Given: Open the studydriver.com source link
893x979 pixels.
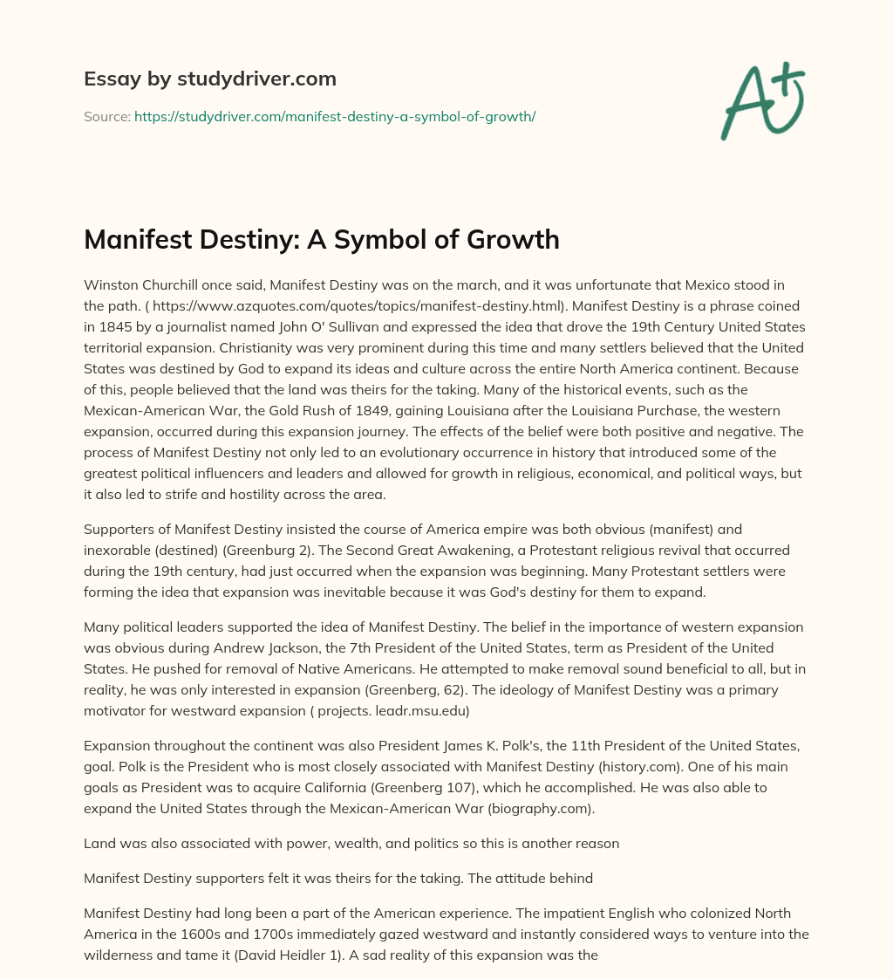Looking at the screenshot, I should point(335,116).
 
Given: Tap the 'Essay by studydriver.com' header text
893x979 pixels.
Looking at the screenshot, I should point(210,79).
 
